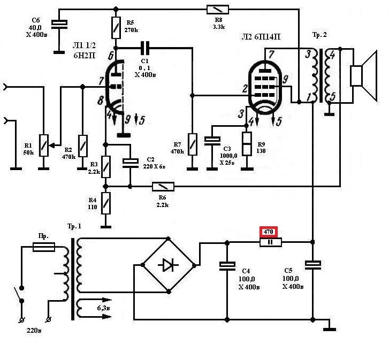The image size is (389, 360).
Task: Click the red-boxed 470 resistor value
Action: tap(269, 232)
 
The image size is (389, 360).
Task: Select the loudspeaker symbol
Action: tap(363, 75)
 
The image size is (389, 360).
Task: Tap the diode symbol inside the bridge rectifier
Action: tap(168, 265)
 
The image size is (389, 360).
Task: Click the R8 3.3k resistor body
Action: tap(218, 10)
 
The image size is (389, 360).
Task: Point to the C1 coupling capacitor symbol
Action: tap(145, 48)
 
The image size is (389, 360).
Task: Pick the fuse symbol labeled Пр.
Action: tap(44, 247)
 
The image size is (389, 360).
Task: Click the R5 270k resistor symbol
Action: tap(116, 28)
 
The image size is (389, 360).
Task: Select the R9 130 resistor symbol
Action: tap(247, 144)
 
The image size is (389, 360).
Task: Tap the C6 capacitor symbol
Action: tap(59, 24)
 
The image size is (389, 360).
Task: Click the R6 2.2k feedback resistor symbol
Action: tap(163, 187)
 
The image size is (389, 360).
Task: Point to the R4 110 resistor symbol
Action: tap(106, 203)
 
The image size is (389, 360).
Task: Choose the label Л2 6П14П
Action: tap(261, 37)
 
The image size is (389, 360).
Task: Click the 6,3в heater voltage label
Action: tap(103, 308)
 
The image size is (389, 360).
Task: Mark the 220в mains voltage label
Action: tap(34, 330)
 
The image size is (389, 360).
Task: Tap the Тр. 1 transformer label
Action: tap(74, 226)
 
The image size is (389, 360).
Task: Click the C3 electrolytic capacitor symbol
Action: tap(212, 141)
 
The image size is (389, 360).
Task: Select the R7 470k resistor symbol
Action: tap(193, 144)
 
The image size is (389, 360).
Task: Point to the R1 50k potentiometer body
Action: tap(44, 145)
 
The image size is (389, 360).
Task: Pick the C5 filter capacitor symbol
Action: tap(313, 265)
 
